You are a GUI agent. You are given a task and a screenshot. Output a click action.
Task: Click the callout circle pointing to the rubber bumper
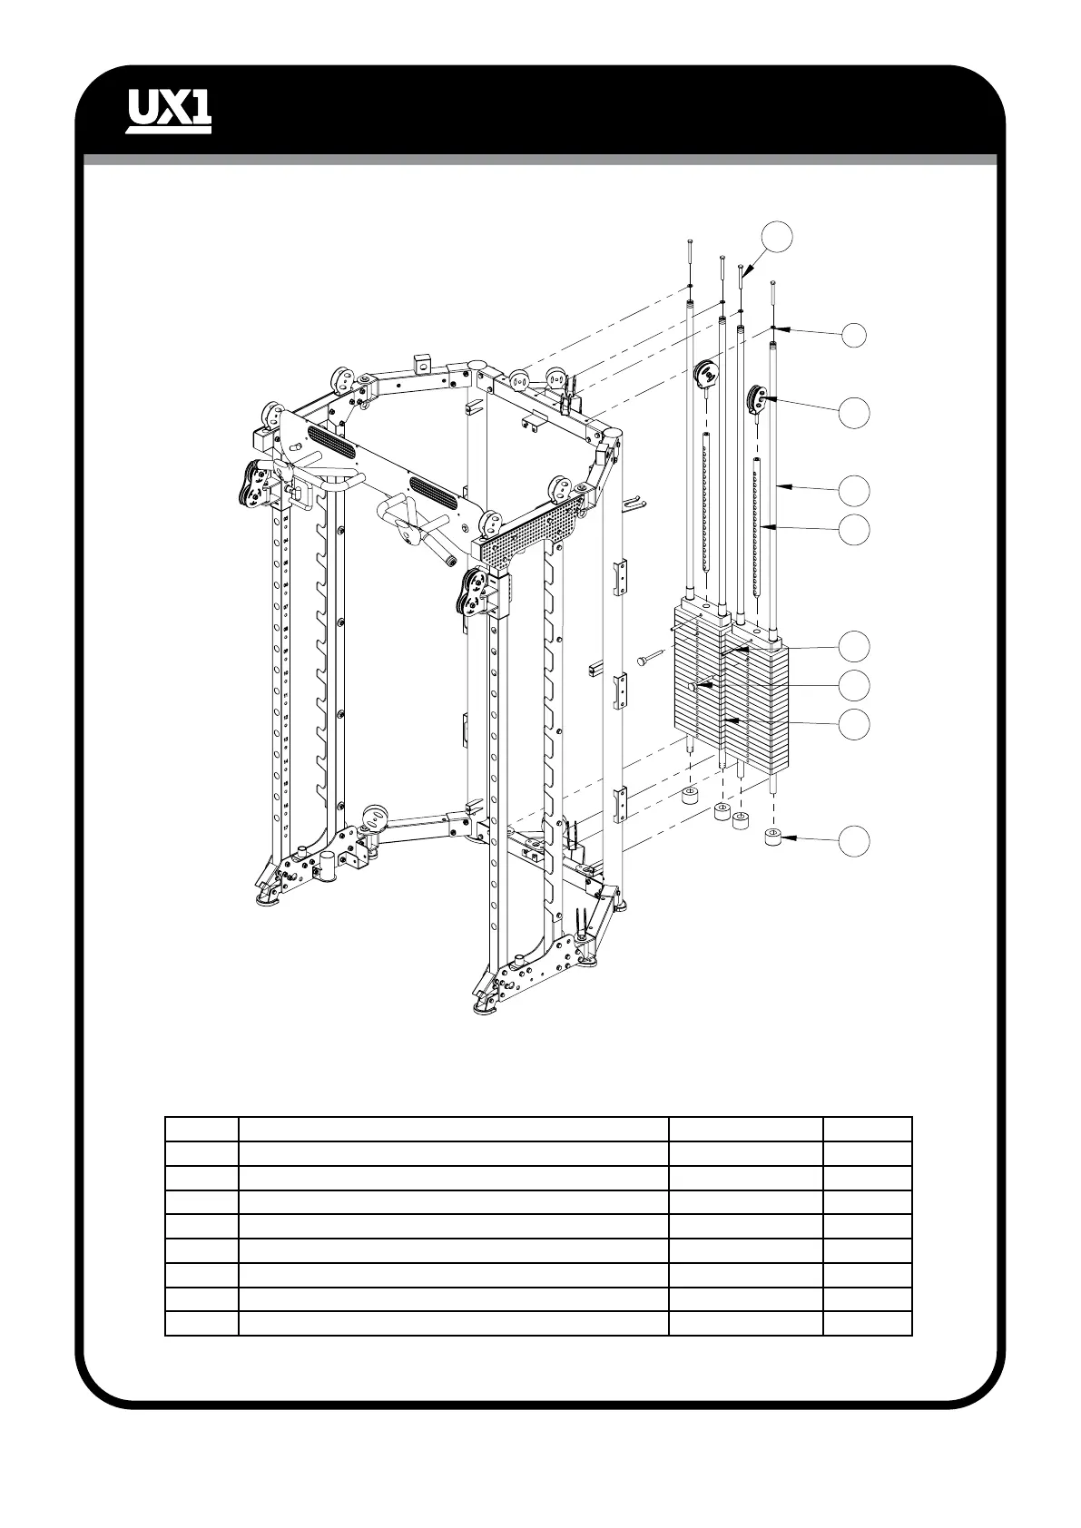(853, 840)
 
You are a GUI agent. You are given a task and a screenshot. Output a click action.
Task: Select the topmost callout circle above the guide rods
(777, 235)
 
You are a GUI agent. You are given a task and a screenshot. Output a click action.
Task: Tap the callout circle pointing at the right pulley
(853, 412)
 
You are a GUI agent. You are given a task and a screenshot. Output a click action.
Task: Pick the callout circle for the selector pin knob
(853, 684)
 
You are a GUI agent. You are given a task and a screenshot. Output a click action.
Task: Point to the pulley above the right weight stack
(755, 397)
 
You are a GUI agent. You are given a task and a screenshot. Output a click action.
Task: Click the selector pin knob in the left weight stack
(694, 688)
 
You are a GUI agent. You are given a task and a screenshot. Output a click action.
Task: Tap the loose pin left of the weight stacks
(651, 661)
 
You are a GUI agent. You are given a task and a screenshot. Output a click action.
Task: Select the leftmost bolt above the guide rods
(691, 250)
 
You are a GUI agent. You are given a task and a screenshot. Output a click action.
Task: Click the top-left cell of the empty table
(201, 1129)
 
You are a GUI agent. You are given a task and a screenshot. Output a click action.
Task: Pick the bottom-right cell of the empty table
(867, 1323)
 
